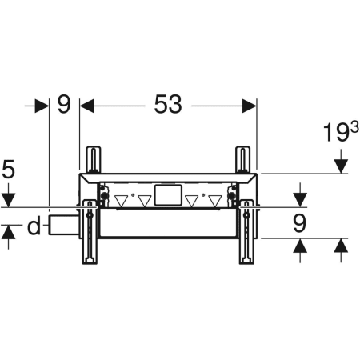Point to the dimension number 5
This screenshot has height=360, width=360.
pyautogui.click(x=9, y=169)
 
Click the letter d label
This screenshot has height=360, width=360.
pyautogui.click(x=33, y=227)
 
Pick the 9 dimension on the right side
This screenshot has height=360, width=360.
pyautogui.click(x=299, y=223)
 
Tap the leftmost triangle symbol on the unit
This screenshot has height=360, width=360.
pyautogui.click(x=122, y=201)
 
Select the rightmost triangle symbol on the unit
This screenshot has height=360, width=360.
pyautogui.click(x=214, y=201)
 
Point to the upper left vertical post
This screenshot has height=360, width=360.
pyautogui.click(x=94, y=158)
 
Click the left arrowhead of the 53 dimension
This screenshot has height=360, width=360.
pyautogui.click(x=86, y=104)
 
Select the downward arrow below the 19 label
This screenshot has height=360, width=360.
pyautogui.click(x=341, y=166)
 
